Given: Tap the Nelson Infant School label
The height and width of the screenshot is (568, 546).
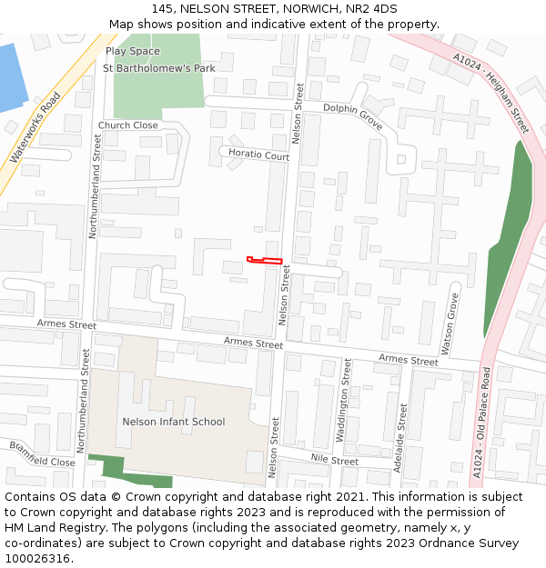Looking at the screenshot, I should [x=173, y=422].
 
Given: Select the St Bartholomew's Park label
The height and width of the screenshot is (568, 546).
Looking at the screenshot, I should [x=158, y=68].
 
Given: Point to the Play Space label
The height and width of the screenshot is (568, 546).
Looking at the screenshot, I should [x=132, y=52].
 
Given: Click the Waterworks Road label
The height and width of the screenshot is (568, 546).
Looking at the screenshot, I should [x=35, y=127].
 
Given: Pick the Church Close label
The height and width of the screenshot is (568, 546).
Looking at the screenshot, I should [x=127, y=125].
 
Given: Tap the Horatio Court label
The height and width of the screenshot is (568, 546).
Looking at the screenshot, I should [x=258, y=156].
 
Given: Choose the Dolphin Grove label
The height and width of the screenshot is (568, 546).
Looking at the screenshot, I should [x=353, y=115].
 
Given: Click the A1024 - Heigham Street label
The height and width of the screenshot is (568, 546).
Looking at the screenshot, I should [x=490, y=92].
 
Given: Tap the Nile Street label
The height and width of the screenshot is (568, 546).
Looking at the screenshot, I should [x=334, y=461].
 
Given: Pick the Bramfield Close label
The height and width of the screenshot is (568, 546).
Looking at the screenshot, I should [x=42, y=454].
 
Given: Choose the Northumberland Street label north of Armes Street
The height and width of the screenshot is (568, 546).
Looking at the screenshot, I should [x=96, y=186].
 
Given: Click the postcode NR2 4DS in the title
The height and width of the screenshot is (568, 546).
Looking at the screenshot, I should [x=371, y=9].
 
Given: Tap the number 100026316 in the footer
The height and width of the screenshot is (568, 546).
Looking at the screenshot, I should [x=36, y=559].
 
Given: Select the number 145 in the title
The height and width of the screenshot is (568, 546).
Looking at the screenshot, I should [x=162, y=9].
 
